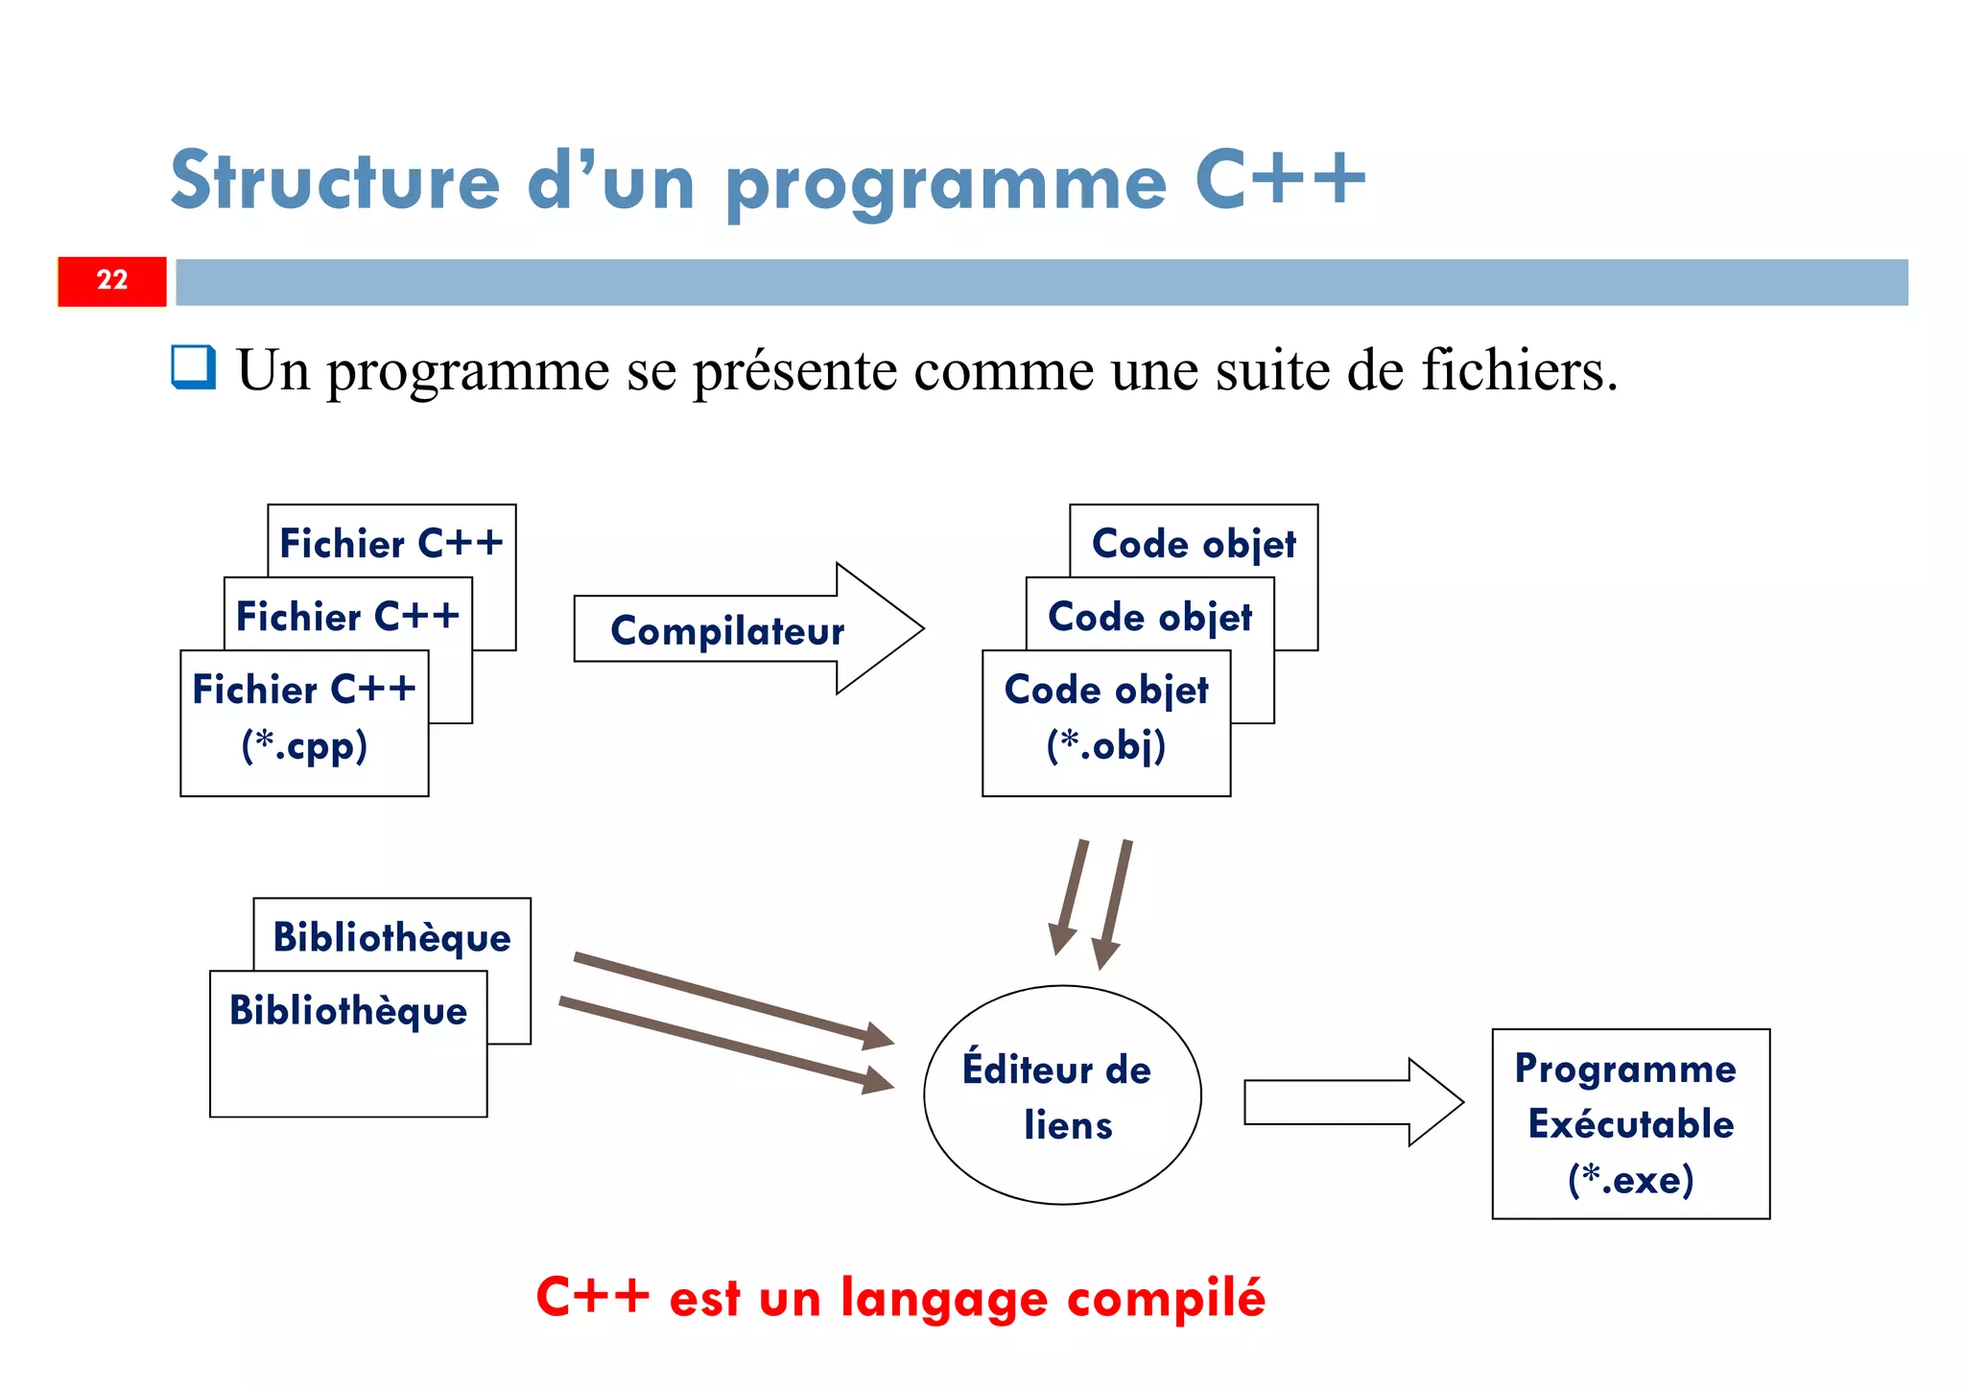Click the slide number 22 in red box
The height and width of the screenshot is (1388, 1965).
pyautogui.click(x=112, y=280)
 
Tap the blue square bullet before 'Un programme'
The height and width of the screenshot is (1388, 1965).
pyautogui.click(x=193, y=367)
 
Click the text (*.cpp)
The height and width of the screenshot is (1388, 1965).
pyautogui.click(x=304, y=745)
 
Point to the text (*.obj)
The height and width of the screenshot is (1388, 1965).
pyautogui.click(x=1105, y=745)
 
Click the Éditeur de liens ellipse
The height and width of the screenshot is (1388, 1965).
pyautogui.click(x=1061, y=1094)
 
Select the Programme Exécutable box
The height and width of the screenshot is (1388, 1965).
pyautogui.click(x=1629, y=1122)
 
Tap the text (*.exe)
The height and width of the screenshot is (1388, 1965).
pyautogui.click(x=1630, y=1179)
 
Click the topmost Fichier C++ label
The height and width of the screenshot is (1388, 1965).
pyautogui.click(x=391, y=543)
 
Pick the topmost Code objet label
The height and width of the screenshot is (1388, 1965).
pyautogui.click(x=1194, y=544)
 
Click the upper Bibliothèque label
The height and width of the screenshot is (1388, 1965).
pyautogui.click(x=391, y=937)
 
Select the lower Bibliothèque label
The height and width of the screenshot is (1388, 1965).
pyautogui.click(x=347, y=1011)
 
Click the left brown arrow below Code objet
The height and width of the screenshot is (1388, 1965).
pyautogui.click(x=1070, y=897)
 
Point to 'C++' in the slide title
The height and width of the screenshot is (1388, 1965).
pyautogui.click(x=1280, y=180)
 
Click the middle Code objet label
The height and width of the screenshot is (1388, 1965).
pyautogui.click(x=1149, y=617)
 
